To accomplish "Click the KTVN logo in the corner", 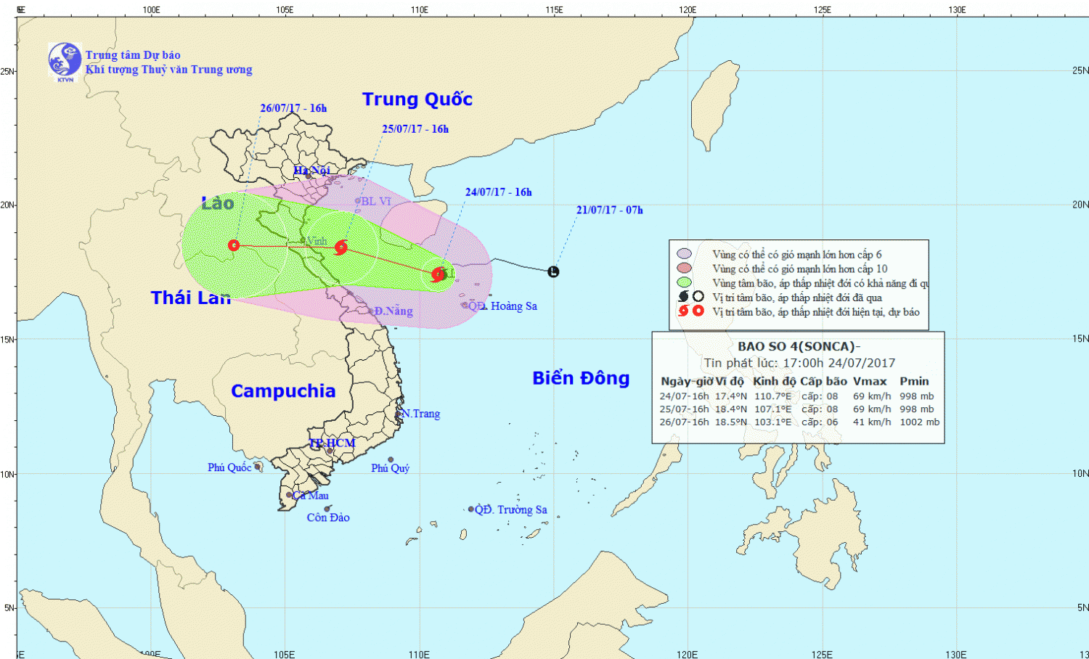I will pos(65,60).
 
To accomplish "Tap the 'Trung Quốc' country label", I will pos(417,99).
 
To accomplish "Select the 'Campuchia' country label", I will pos(283,391).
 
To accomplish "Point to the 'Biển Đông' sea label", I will pos(581,378).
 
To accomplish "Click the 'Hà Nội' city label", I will pos(311,171).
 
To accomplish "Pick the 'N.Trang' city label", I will pos(421,414).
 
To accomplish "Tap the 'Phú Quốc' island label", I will pos(229,467).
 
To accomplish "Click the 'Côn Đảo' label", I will pos(328,517).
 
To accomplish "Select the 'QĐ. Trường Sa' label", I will pos(511,509).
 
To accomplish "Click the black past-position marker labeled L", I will pos(554,272).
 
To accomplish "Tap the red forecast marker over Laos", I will pos(234,245).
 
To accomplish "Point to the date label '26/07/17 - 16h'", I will pos(293,108).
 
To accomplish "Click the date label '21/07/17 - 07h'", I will pos(609,210).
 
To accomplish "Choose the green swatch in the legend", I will pos(683,282).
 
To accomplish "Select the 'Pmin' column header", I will pos(914,381).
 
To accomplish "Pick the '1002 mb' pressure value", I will pos(919,422).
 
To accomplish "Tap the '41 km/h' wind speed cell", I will pos(871,422).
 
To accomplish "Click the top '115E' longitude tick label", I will pos(554,10).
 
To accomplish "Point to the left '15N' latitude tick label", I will pos(7,339).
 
